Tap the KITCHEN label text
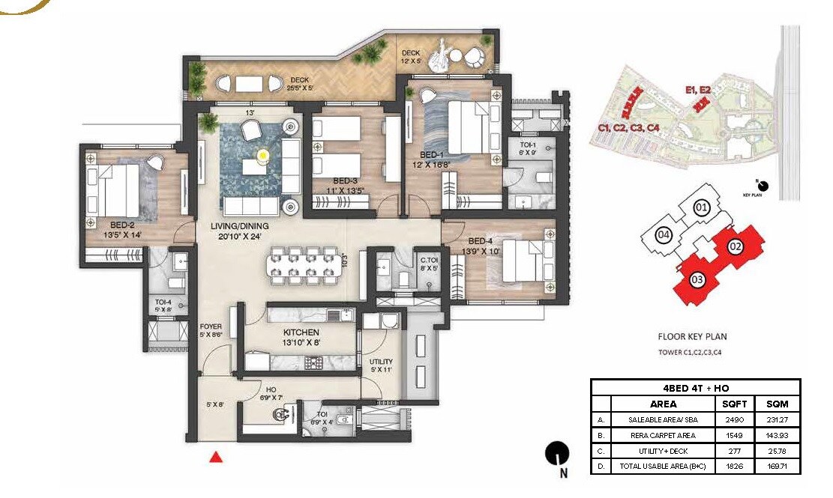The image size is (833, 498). pos(301,332)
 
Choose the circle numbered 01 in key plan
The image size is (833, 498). pos(701,207)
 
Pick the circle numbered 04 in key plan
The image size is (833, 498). pos(663,234)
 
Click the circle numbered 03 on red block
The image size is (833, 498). pos(697,280)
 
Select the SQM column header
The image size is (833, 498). pos(778,404)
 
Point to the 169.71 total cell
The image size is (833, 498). pos(778,467)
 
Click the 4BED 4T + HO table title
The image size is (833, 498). pos(696,388)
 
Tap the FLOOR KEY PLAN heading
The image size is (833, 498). pos(691,337)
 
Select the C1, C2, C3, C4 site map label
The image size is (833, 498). pos(628,130)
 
